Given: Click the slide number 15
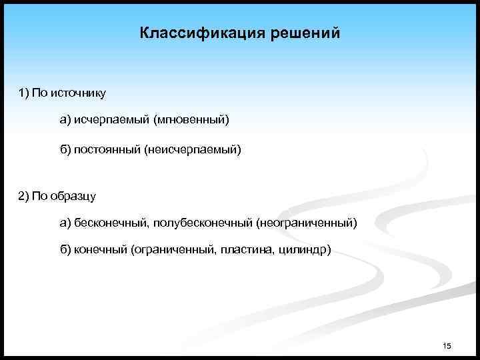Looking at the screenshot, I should [447, 345].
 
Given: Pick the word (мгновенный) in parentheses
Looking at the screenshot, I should [191, 120].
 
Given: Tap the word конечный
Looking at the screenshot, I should [101, 250].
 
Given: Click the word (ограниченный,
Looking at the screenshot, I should [171, 250].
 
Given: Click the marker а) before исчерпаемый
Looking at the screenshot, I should [65, 120].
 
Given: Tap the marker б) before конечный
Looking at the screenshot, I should [65, 250].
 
